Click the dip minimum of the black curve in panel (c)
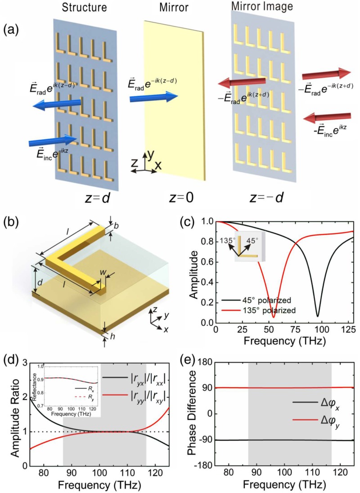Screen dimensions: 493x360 pyautogui.click(x=318, y=316)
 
